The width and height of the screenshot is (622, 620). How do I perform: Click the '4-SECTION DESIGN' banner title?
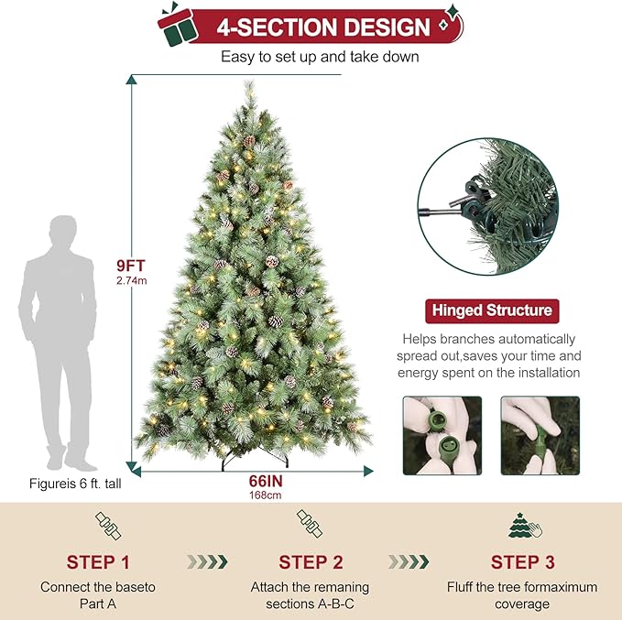coord(322,27)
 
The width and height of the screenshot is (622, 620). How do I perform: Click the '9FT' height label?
coord(131,266)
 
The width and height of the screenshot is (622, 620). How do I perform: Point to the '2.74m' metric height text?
coord(131,281)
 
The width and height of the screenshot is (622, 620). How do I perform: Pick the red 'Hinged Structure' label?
coord(490,310)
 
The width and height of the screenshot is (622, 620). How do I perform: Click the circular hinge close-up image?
coord(486,206)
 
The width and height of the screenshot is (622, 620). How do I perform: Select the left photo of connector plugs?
coord(442,435)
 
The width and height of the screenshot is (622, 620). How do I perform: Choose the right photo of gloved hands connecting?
coord(540,435)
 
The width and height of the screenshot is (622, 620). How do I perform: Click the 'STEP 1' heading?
coord(104,561)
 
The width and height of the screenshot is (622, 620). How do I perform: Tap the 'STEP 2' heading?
coord(311,561)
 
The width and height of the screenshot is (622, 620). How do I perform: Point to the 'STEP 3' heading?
coord(522,561)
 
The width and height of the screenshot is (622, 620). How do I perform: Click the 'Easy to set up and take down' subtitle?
coord(320,57)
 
